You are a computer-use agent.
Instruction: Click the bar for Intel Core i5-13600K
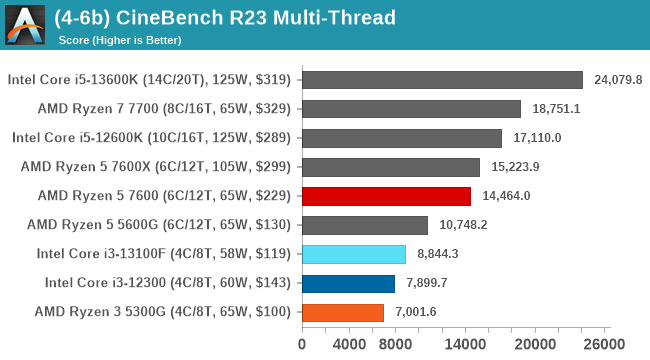pos(441,80)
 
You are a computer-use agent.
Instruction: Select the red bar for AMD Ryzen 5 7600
pos(385,196)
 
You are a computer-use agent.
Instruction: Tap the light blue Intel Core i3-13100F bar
pos(353,254)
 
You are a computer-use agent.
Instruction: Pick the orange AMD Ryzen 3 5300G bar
pos(342,312)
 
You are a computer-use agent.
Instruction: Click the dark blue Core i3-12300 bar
pos(347,283)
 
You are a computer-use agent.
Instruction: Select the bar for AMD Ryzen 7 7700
pos(410,109)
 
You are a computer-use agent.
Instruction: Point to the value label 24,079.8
pos(618,80)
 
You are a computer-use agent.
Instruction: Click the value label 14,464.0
pos(506,196)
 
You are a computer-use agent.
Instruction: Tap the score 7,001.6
pos(415,312)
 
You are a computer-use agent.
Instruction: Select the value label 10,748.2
pos(462,225)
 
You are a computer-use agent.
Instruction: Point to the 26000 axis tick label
pos(603,343)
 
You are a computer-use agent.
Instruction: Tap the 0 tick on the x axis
pos(301,343)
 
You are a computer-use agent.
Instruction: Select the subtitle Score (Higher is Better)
pos(125,40)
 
